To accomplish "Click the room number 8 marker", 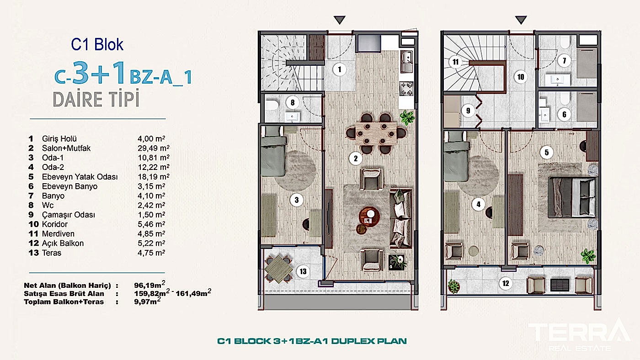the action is (292, 102).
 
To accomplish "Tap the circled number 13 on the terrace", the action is (303, 271).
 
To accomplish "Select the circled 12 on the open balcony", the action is (506, 283).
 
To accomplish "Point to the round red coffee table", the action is (369, 217).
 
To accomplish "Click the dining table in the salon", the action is (376, 133).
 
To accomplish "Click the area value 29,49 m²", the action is (154, 148).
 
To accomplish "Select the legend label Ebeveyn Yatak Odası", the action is (80, 177).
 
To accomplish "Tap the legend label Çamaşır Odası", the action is (68, 215).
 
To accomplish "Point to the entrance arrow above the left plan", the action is (339, 20).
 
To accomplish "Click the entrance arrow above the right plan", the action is (521, 20).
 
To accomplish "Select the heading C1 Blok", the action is (97, 44).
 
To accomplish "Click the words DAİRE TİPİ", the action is (96, 99).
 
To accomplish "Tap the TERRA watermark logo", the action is (580, 334).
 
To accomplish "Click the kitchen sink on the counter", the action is (406, 61).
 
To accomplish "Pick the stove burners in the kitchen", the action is (406, 89).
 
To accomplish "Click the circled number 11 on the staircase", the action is (455, 62).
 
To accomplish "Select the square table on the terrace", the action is (278, 269).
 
